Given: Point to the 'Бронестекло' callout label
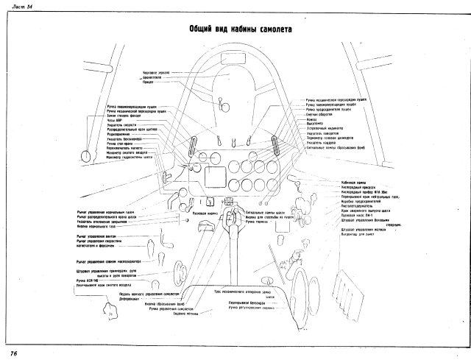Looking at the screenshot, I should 153,77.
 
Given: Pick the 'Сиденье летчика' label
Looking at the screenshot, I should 189,313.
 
